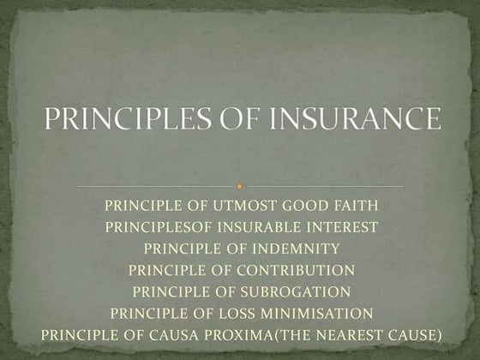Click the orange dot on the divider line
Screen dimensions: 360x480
[240, 185]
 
